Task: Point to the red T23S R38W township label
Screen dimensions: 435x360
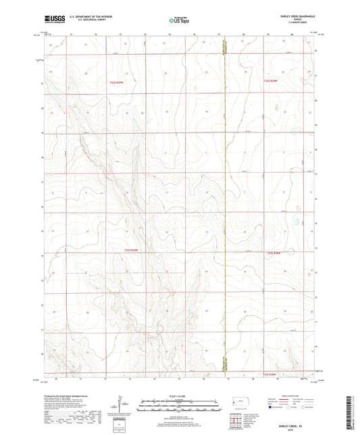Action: click(272, 253)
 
